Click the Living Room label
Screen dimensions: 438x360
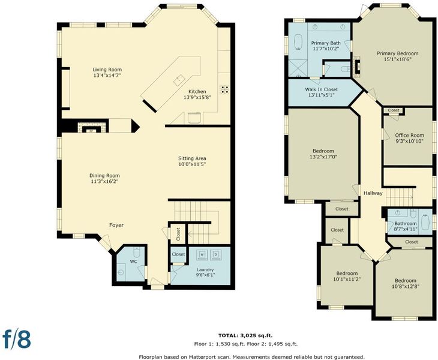pyautogui.click(x=107, y=70)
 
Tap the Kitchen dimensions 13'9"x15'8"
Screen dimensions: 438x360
pyautogui.click(x=197, y=97)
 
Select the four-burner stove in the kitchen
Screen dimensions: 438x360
pyautogui.click(x=225, y=89)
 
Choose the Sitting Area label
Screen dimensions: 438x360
pyautogui.click(x=192, y=158)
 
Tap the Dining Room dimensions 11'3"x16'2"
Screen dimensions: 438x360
pyautogui.click(x=104, y=182)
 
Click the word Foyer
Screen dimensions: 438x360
pyautogui.click(x=116, y=225)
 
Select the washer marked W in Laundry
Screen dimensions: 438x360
pyautogui.click(x=202, y=254)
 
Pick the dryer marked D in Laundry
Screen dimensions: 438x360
pyautogui.click(x=215, y=254)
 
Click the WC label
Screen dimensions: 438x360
pyautogui.click(x=133, y=262)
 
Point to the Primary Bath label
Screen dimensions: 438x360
pyautogui.click(x=326, y=43)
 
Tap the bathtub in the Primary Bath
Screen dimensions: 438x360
pyautogui.click(x=299, y=43)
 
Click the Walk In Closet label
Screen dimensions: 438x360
pyautogui.click(x=322, y=89)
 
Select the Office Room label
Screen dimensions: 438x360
pyautogui.click(x=410, y=135)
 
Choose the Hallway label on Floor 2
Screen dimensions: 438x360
pyautogui.click(x=373, y=193)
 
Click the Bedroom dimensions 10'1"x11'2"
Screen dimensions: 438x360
pyautogui.click(x=347, y=279)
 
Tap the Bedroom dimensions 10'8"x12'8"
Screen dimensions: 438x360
pyautogui.click(x=406, y=286)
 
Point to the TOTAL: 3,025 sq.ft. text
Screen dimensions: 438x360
pyautogui.click(x=245, y=335)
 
